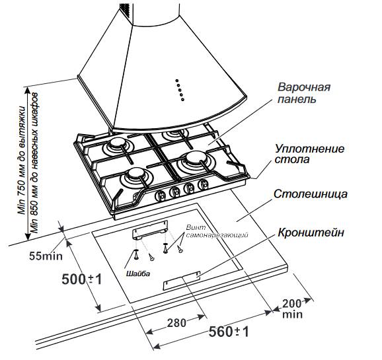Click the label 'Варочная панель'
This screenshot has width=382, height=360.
tap(304, 93)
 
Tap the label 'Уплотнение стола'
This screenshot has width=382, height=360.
tap(309, 154)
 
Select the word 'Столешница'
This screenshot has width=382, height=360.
tap(311, 194)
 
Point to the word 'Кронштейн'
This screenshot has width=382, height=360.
tap(311, 232)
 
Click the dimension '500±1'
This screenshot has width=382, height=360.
tap(81, 279)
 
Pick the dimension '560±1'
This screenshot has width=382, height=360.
tap(229, 332)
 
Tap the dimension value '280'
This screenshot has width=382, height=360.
tap(176, 323)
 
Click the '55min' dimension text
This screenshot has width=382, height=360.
tap(46, 256)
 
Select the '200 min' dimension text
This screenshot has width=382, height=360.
tap(292, 309)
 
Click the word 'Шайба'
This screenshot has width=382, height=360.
tap(138, 273)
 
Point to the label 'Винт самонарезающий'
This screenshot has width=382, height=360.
tap(217, 231)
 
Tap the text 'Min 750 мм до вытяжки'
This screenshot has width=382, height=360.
tap(21, 160)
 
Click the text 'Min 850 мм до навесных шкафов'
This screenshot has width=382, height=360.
tap(34, 162)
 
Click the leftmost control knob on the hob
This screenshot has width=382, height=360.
tap(161, 196)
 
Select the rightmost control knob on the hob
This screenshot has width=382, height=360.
tap(203, 185)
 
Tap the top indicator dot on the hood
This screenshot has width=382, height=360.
tap(177, 81)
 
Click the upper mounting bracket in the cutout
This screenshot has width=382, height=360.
tap(150, 229)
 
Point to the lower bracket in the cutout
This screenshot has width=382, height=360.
tap(182, 280)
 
